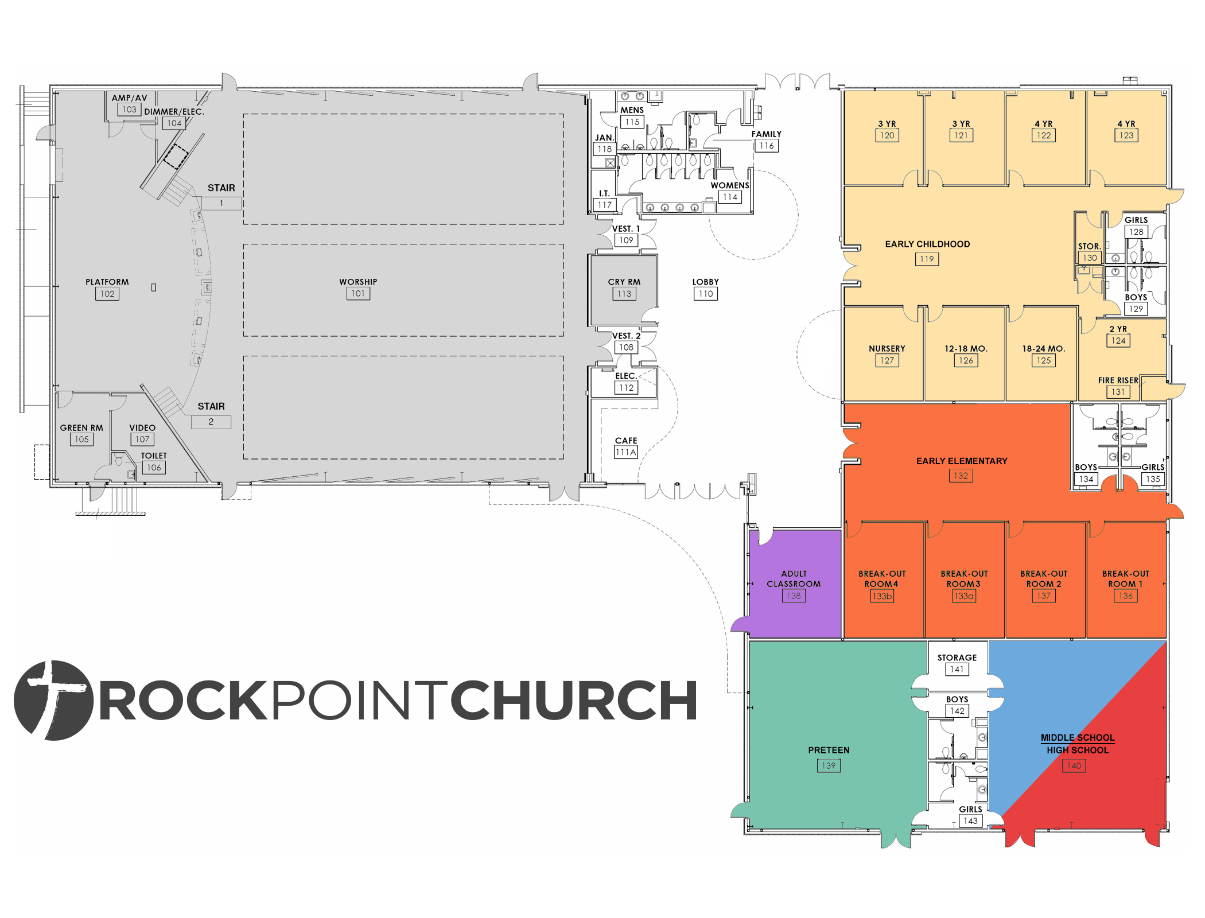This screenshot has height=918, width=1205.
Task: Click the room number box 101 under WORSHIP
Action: (x=358, y=294)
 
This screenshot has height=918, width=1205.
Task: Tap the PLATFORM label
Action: (x=107, y=282)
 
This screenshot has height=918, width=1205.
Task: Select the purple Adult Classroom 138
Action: (x=795, y=584)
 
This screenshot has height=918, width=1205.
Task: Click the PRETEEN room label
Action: (x=829, y=750)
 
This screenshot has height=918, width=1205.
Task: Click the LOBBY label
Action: (x=705, y=282)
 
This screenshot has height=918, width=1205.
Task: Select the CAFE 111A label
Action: (x=626, y=446)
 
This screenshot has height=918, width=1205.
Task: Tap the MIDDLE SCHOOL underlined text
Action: (x=1078, y=738)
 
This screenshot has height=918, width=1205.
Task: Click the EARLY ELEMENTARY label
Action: (x=962, y=461)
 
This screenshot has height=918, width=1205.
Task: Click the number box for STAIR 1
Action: (x=221, y=203)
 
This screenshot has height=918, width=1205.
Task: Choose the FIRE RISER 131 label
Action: (x=1118, y=386)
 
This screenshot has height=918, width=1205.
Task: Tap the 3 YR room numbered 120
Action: (x=884, y=138)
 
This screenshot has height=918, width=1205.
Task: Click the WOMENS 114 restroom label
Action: (x=730, y=192)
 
